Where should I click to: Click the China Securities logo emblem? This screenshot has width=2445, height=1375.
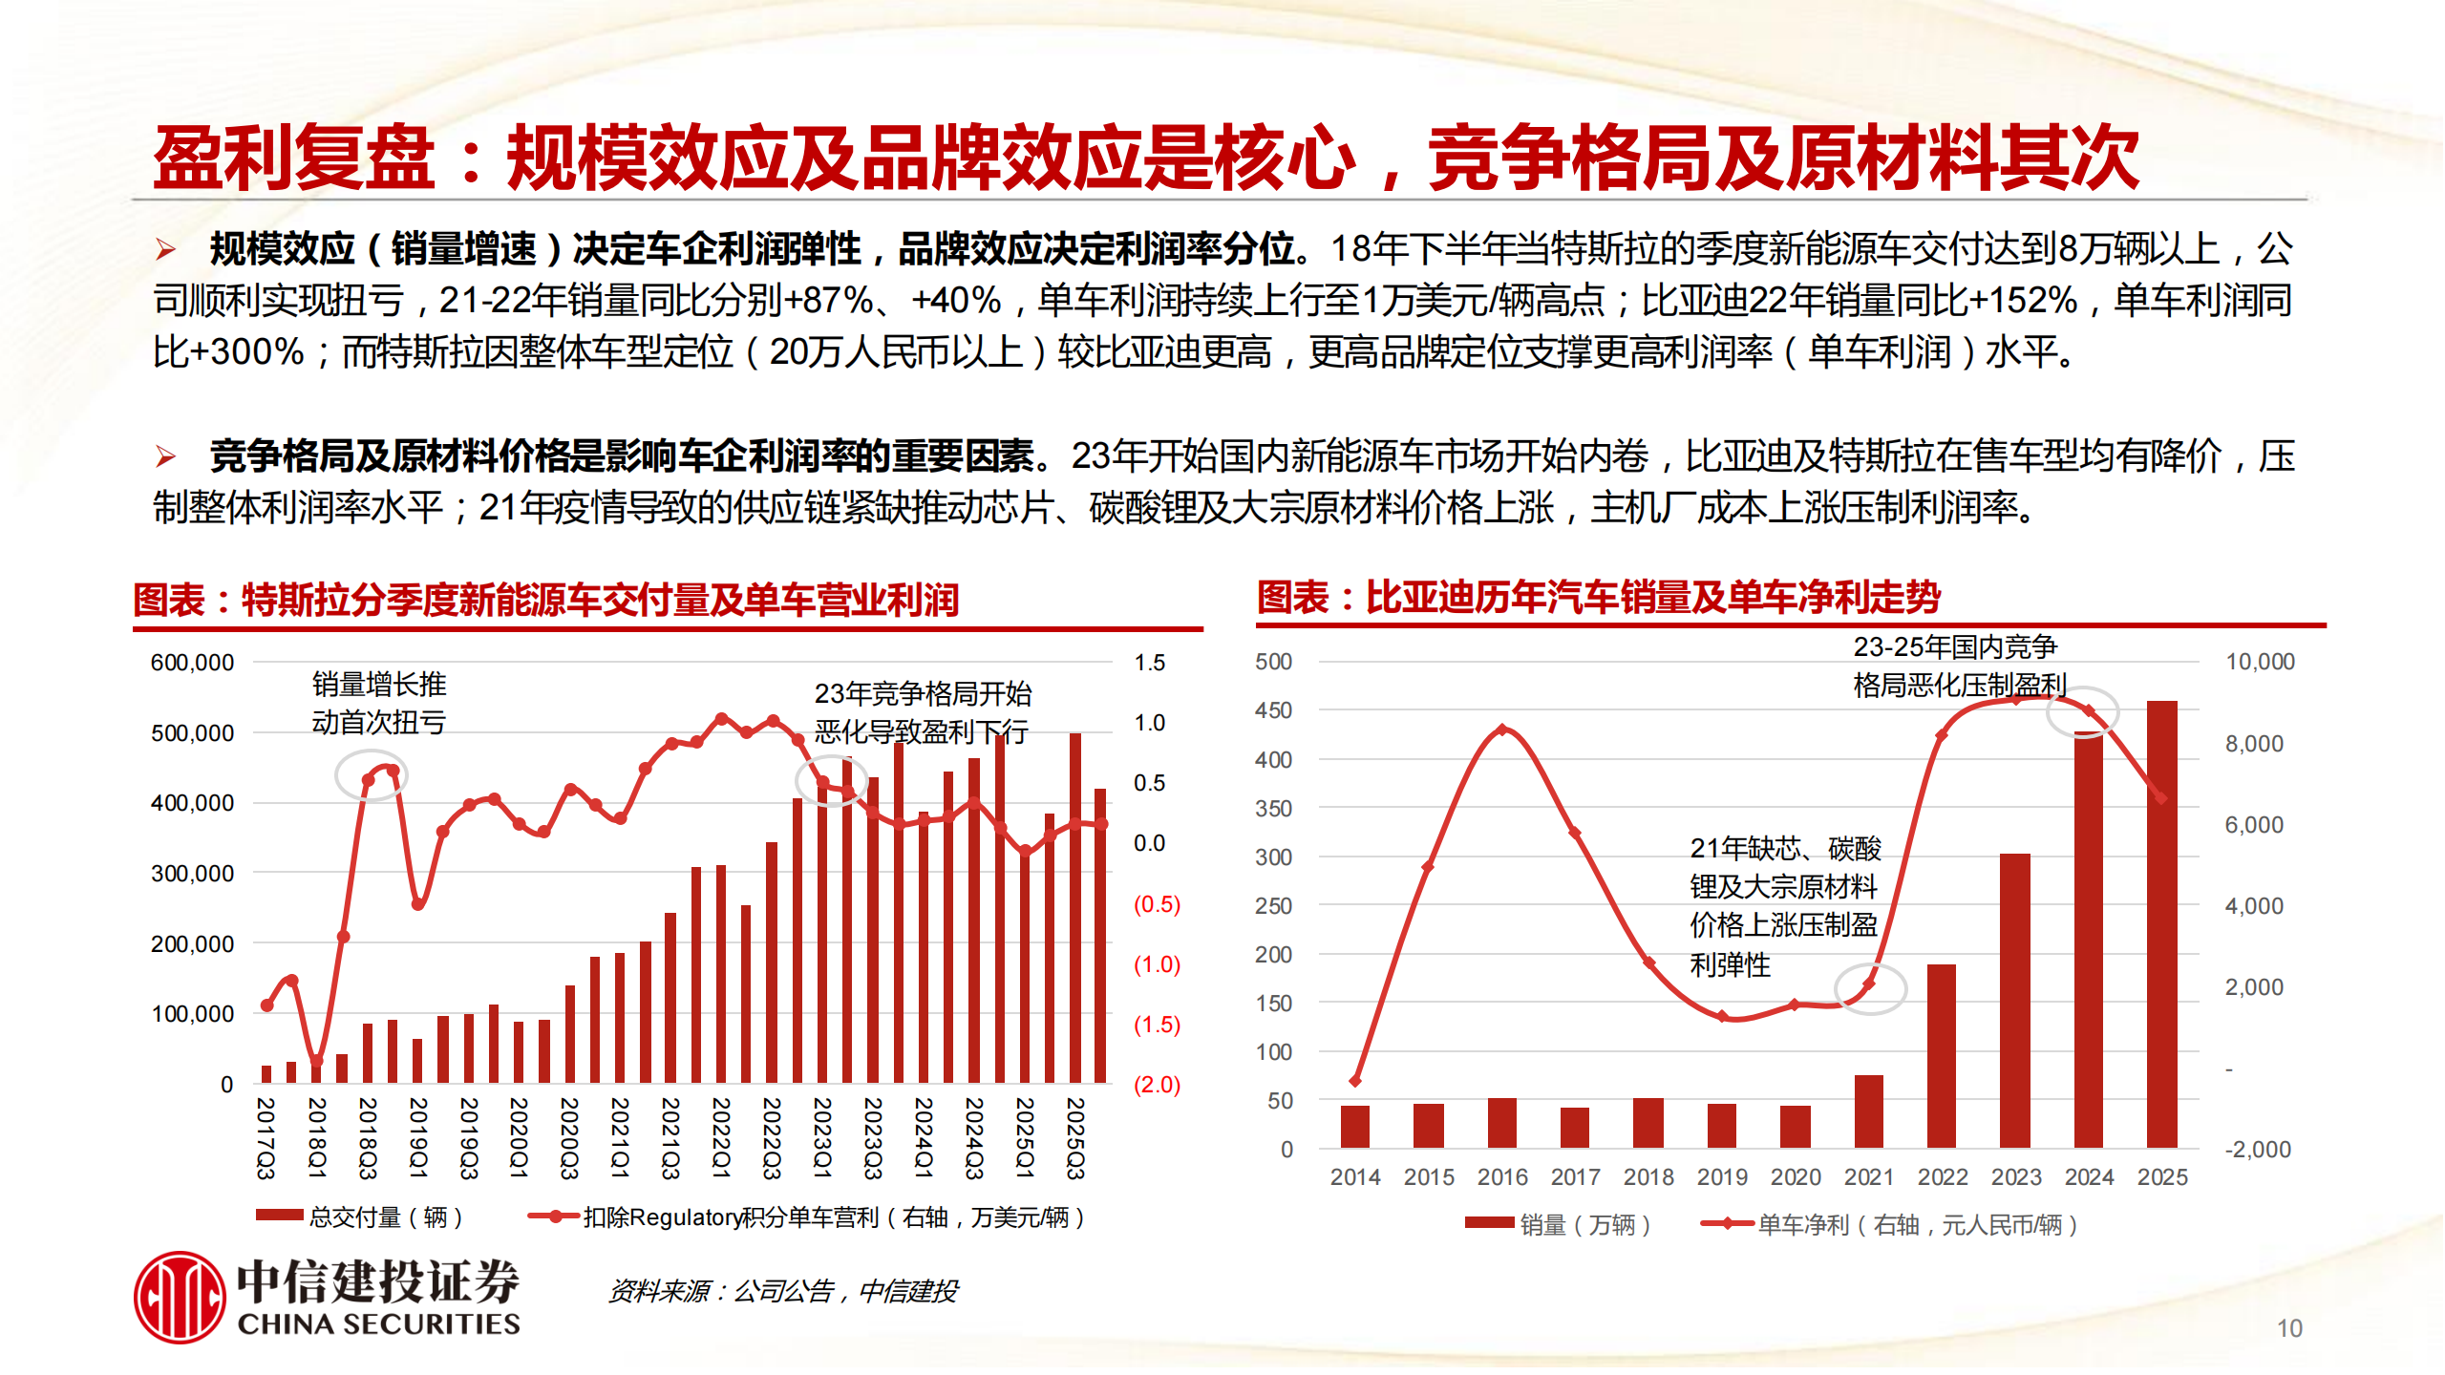180,1297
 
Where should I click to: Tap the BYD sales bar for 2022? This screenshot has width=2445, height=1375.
1941,1055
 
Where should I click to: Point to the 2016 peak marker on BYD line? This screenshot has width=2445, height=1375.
1502,730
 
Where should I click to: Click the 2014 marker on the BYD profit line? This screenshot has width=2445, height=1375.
1355,1081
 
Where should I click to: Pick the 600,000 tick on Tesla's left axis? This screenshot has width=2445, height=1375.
192,663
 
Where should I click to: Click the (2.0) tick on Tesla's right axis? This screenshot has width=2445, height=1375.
1157,1085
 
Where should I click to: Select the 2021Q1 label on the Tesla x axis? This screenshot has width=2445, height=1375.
620,1137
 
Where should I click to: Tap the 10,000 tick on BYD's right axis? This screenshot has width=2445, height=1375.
2259,662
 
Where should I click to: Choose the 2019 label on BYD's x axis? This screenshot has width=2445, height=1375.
1722,1177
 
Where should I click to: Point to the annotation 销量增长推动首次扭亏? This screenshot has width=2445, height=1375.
379,703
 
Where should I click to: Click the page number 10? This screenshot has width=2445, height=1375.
2289,1328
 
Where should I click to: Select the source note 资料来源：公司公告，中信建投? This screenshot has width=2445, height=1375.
783,1291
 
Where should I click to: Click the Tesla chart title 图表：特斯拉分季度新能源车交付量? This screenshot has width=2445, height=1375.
545,600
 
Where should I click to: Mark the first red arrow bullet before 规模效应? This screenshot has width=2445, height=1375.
166,250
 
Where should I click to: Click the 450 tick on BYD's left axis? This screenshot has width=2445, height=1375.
1273,710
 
